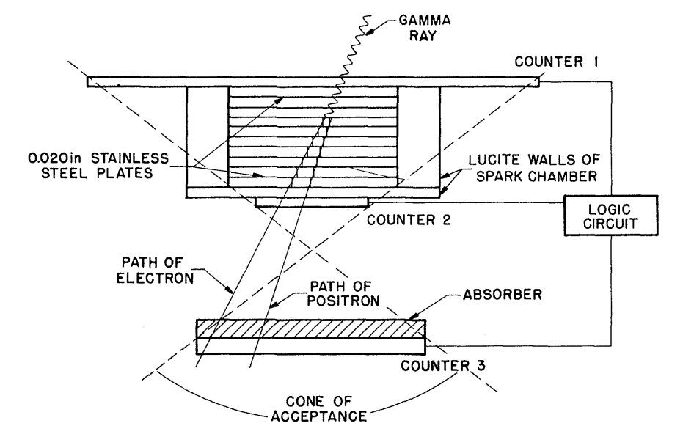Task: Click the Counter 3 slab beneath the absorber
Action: point(311,346)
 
